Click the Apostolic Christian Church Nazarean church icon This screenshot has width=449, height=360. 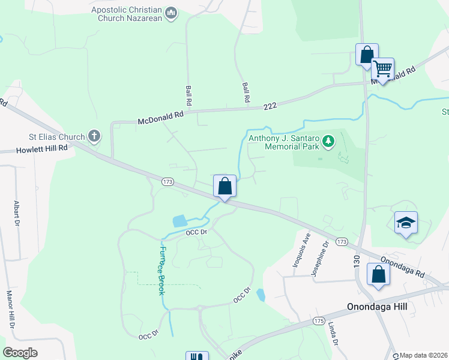(x=172, y=14)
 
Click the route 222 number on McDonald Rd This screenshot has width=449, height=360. (x=270, y=106)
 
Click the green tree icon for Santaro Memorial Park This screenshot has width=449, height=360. (x=328, y=141)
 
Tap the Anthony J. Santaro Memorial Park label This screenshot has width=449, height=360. (x=284, y=142)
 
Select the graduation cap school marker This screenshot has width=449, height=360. (x=406, y=223)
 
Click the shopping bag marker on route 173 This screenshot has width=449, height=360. (x=225, y=186)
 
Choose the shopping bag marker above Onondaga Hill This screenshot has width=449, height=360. (x=378, y=275)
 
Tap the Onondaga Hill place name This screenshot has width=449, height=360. (x=377, y=307)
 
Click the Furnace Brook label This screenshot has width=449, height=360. (x=161, y=269)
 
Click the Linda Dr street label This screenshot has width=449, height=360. (x=333, y=334)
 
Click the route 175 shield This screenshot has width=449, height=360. (x=319, y=322)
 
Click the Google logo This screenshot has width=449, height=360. (x=20, y=353)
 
